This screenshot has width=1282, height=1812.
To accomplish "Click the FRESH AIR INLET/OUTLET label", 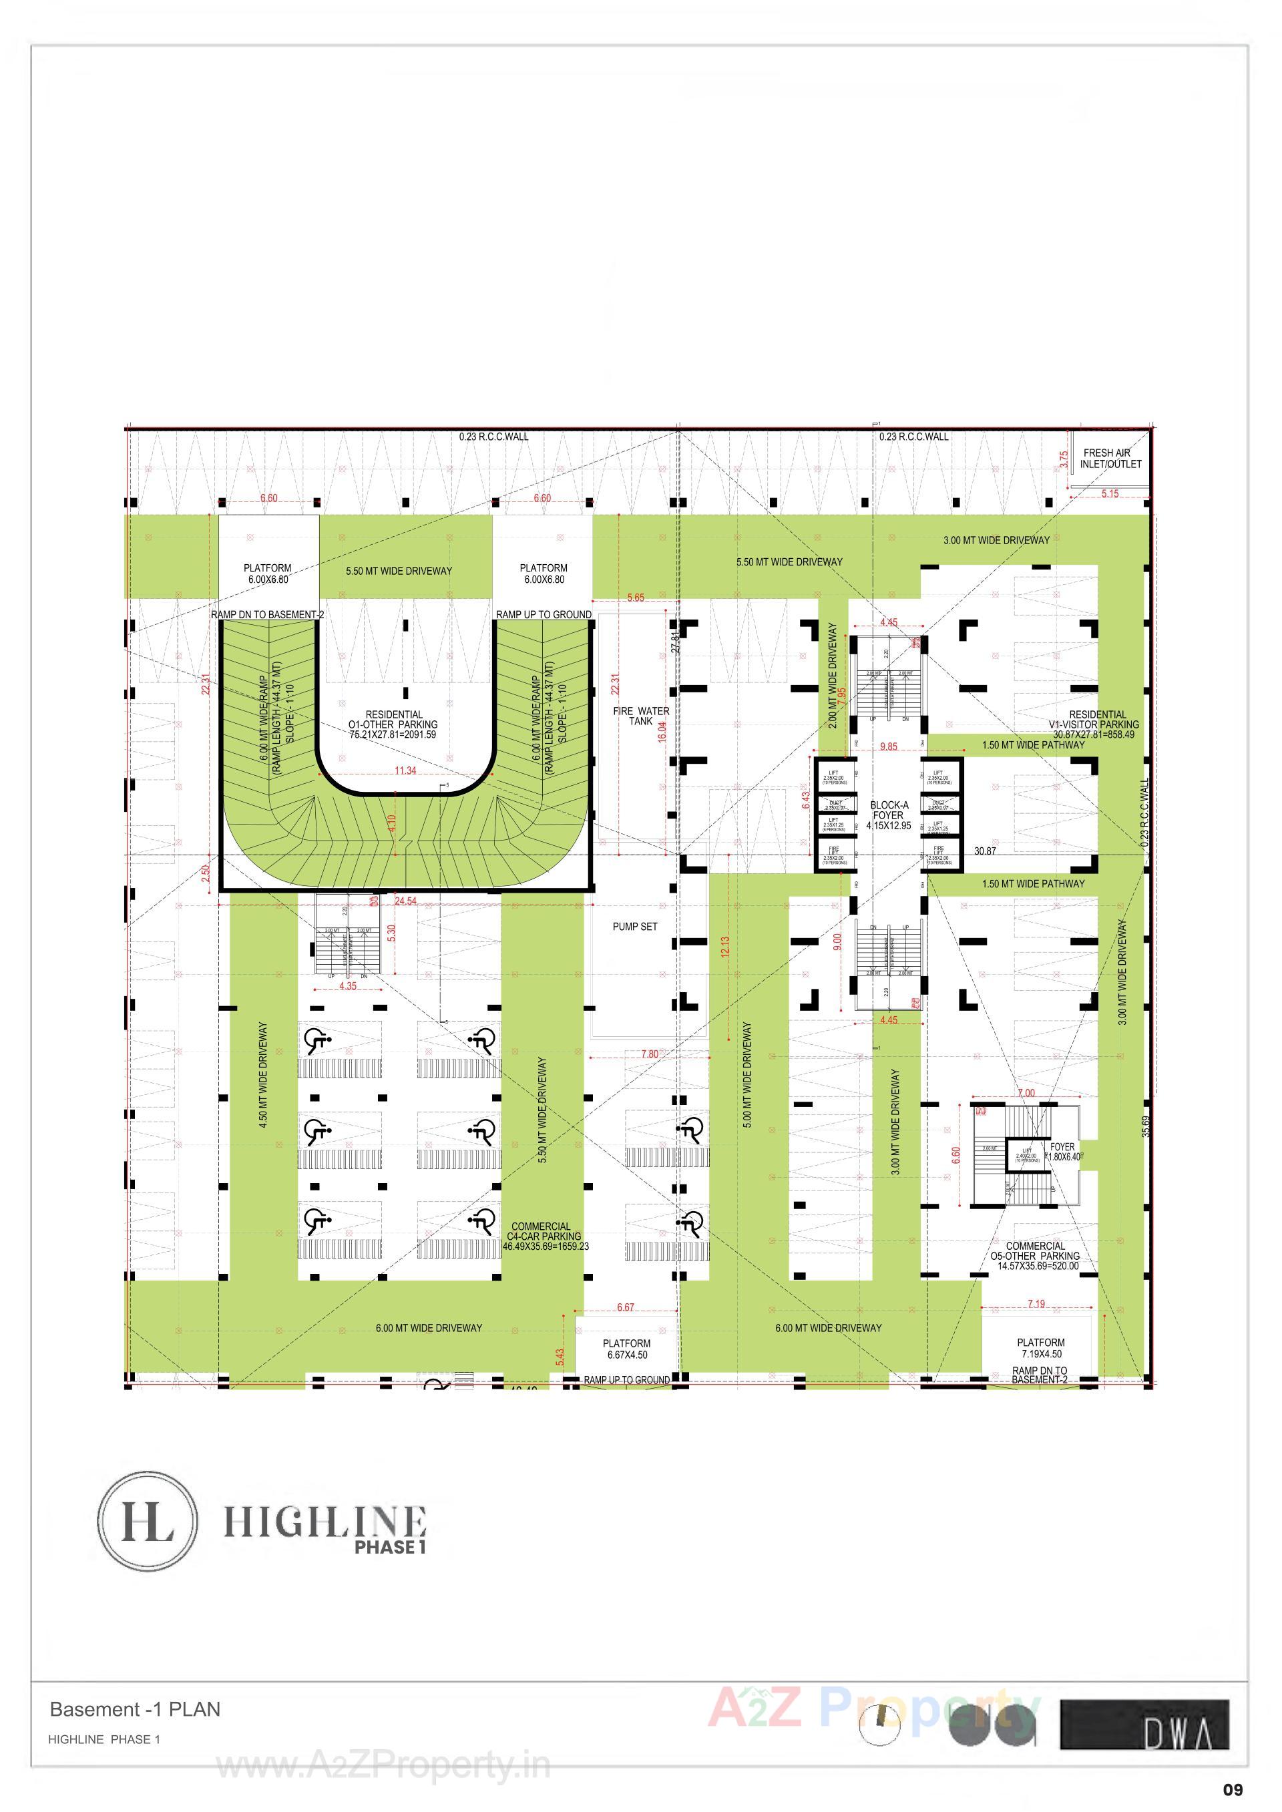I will pos(1110,459).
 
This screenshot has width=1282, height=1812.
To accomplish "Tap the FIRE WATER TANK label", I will pos(641,716).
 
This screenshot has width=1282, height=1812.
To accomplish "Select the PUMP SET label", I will pos(635,927).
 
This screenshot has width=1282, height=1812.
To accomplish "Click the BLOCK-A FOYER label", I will pos(889,815).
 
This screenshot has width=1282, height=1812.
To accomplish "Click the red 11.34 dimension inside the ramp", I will pos(405,771).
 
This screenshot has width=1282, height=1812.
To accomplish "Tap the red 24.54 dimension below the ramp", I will pos(406,901).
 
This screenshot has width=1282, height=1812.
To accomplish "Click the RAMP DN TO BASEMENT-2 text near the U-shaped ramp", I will pos(268,615).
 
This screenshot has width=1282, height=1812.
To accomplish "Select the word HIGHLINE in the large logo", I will pos(325,1521).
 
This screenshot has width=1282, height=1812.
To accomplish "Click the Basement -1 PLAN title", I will pos(135,1709).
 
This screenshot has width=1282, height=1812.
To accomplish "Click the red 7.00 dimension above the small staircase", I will pos(1026,1093).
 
